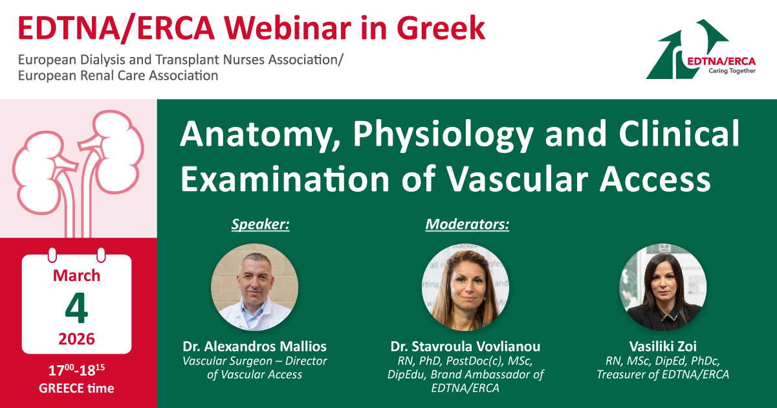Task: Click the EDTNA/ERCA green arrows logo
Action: [x=701, y=49]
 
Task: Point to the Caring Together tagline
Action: [x=732, y=71]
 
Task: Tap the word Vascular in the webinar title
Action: [x=517, y=179]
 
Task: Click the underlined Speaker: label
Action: [x=261, y=224]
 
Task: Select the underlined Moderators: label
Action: [x=467, y=224]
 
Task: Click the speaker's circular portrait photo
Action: [x=255, y=287]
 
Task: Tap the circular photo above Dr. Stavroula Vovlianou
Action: [x=465, y=287]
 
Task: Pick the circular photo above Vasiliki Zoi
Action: [x=663, y=287]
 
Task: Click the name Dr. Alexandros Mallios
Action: [x=255, y=346]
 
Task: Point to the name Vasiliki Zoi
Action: [x=663, y=346]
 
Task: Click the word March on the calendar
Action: [x=76, y=275]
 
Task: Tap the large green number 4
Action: [x=76, y=308]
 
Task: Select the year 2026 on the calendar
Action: [x=76, y=339]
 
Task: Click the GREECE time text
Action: [x=76, y=388]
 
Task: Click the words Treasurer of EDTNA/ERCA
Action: [x=663, y=374]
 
